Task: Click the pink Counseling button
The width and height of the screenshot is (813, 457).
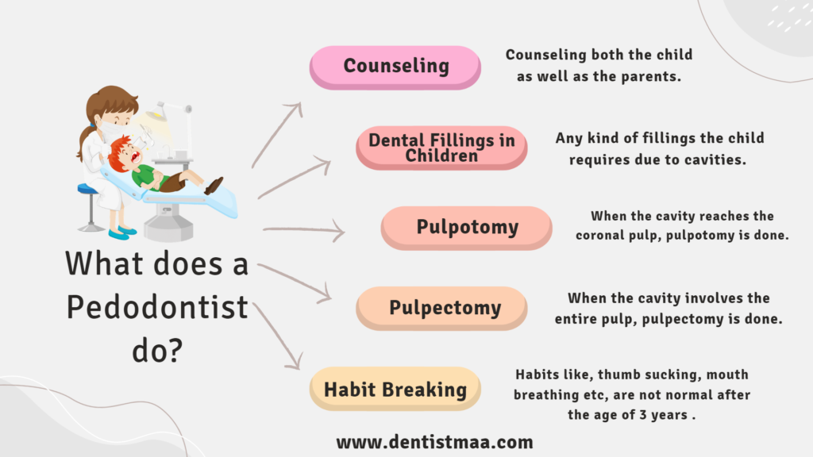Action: point(395,67)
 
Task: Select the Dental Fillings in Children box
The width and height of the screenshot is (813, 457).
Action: point(441,148)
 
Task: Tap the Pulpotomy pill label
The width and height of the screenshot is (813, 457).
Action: point(466,228)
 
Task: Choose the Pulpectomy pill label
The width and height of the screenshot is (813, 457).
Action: point(441,309)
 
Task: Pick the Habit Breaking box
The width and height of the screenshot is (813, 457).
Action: point(395,389)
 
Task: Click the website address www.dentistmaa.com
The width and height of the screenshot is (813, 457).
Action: point(434,442)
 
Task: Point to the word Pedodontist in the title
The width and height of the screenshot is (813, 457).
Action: point(157,308)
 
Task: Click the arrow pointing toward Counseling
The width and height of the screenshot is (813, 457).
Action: point(275,136)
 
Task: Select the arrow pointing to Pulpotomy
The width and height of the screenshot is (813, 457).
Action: point(305,229)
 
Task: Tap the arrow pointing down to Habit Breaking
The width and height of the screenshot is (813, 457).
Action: point(277,336)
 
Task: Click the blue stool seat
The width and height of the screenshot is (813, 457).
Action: point(87,189)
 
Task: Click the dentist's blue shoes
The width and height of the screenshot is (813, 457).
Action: point(122,232)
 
